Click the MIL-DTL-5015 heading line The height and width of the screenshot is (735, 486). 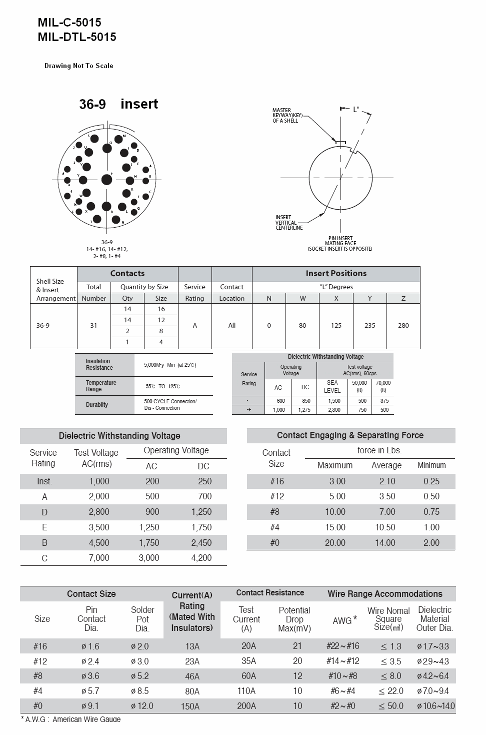pyautogui.click(x=77, y=37)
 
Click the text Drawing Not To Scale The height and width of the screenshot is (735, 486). pyautogui.click(x=78, y=66)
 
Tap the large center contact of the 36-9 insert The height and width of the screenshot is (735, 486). pyautogui.click(x=106, y=179)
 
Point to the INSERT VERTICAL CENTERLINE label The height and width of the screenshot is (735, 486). pyautogui.click(x=289, y=223)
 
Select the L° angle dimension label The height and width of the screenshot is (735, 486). pyautogui.click(x=356, y=109)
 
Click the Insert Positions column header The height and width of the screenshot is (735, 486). pyautogui.click(x=336, y=274)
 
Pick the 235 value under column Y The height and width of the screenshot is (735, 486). pyautogui.click(x=369, y=325)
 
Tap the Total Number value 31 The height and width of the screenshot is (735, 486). pyautogui.click(x=93, y=325)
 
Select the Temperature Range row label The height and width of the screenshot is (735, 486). pyautogui.click(x=101, y=386)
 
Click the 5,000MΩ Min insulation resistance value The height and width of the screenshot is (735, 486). pyautogui.click(x=170, y=365)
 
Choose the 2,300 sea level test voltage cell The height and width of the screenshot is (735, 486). pyautogui.click(x=333, y=410)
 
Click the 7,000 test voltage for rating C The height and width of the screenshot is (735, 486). pyautogui.click(x=99, y=558)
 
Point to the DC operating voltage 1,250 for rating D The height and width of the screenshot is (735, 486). pyautogui.click(x=201, y=512)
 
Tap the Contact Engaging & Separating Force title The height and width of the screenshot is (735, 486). pyautogui.click(x=350, y=435)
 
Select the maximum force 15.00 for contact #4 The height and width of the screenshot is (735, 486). pyautogui.click(x=335, y=527)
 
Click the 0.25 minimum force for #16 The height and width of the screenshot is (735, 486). pyautogui.click(x=431, y=481)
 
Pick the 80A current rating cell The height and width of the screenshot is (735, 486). pyautogui.click(x=192, y=691)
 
